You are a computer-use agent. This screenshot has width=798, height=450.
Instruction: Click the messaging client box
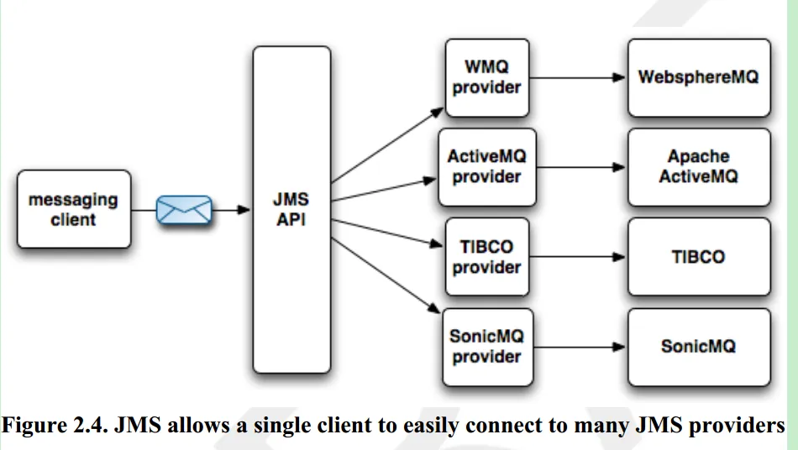(x=74, y=209)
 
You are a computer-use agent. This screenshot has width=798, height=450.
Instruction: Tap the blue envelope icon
(x=184, y=210)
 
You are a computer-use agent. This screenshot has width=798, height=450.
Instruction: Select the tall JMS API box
(x=291, y=210)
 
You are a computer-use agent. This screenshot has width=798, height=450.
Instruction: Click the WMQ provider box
(x=487, y=78)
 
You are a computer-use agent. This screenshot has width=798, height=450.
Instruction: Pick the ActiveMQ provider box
(x=487, y=167)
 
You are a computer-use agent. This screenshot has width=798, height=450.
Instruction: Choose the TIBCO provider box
(x=487, y=257)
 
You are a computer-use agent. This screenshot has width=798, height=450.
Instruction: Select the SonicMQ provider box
(x=487, y=348)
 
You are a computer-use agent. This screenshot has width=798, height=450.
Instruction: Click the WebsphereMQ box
(x=699, y=78)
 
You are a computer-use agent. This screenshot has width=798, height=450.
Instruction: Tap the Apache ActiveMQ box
(x=699, y=167)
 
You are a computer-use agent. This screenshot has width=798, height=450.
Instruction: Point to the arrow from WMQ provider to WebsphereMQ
(x=577, y=78)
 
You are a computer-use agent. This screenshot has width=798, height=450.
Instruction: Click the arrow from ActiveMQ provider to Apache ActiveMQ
(x=580, y=167)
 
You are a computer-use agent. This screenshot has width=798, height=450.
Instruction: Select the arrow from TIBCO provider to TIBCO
(x=577, y=257)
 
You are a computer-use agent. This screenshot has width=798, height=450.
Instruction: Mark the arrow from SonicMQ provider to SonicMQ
(x=579, y=348)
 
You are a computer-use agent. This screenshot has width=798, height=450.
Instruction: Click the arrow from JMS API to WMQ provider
(x=387, y=145)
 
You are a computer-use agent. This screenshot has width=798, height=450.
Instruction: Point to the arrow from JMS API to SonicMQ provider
(x=386, y=275)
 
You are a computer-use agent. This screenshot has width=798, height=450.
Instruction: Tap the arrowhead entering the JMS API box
(x=244, y=210)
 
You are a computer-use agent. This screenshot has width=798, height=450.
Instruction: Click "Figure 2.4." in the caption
(x=55, y=425)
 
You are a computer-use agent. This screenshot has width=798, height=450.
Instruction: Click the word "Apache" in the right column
(x=698, y=156)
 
